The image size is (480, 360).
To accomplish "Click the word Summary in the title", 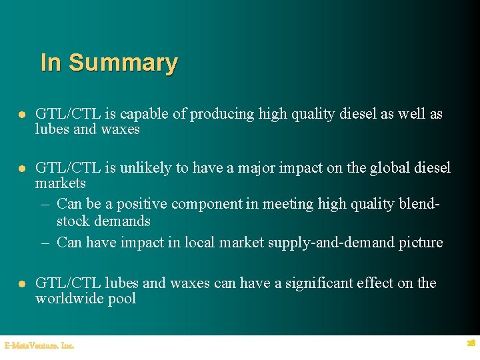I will pos(123,63).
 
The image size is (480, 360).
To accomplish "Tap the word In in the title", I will pos(51,63).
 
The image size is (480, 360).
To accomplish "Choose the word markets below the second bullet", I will pos(61,183).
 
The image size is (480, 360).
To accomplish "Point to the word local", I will pos(196,242).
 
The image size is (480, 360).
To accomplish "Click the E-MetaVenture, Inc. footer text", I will pos(39,345).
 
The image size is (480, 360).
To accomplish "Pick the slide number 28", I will pos(471,343).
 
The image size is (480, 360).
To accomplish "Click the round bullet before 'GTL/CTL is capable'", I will pos(21,115).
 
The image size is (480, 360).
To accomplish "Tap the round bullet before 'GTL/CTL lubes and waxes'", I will pos(21,284).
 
